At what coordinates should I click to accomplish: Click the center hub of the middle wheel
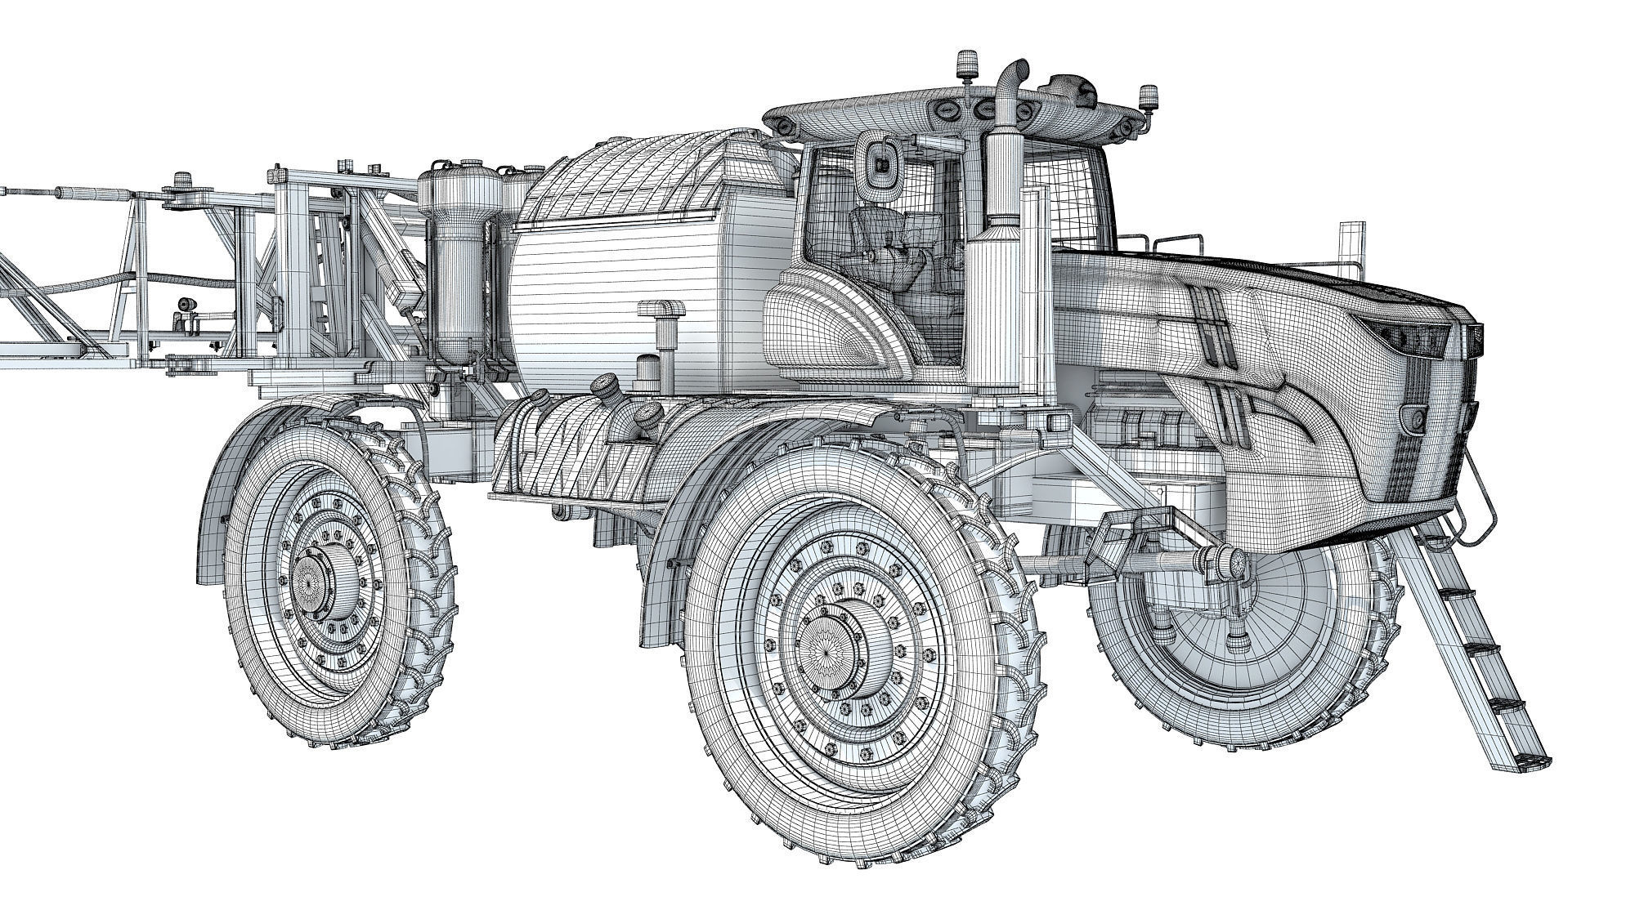click(x=835, y=645)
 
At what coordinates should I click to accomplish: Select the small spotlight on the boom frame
click(x=187, y=306)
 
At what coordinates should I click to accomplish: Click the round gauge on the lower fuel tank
click(x=606, y=384)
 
